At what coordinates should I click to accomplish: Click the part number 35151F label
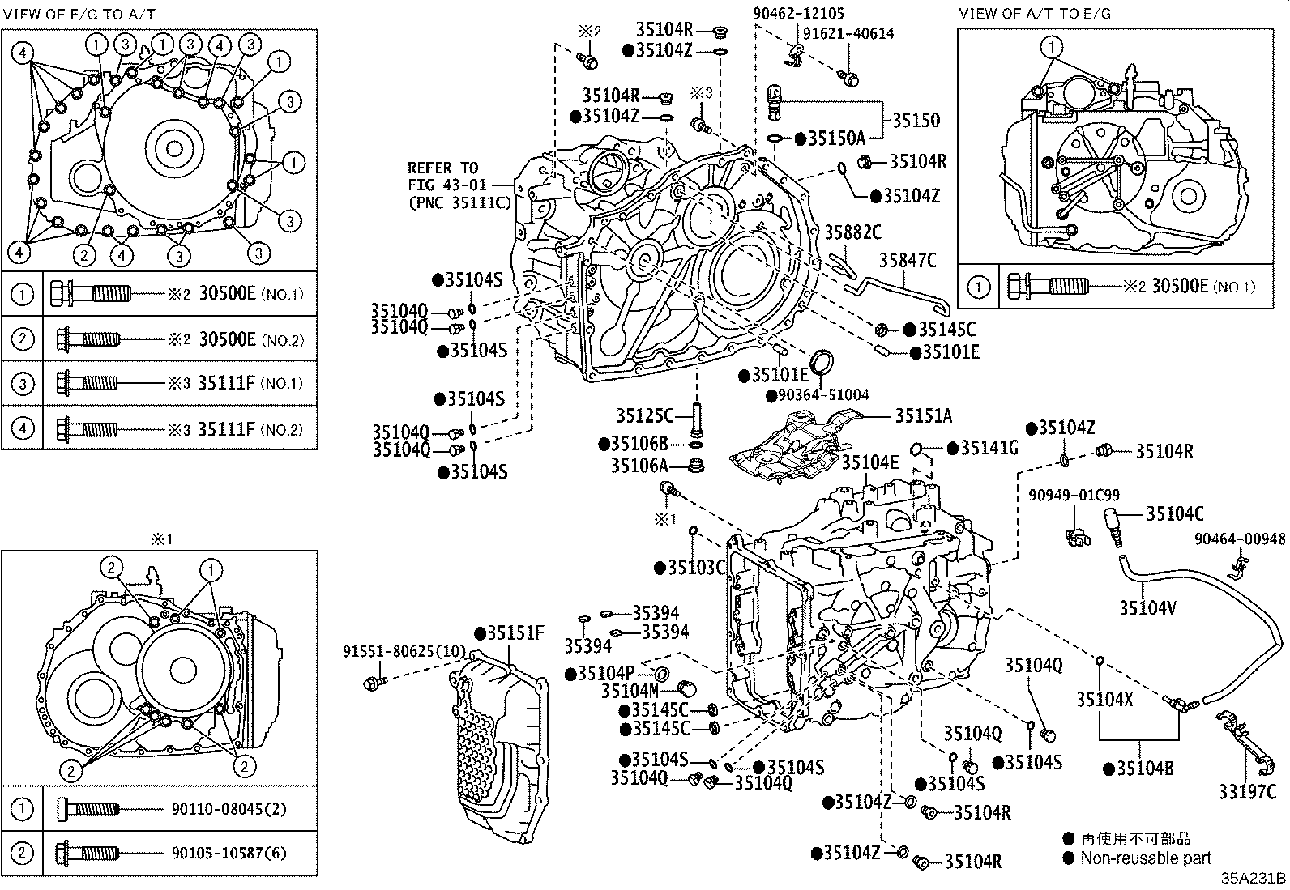[515, 632]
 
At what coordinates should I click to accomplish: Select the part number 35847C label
[908, 260]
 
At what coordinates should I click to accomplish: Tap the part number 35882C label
[852, 232]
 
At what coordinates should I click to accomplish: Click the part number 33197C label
[1247, 792]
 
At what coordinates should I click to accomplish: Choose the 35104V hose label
[1148, 607]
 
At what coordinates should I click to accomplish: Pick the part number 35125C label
[644, 415]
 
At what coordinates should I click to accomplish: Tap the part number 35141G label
[989, 448]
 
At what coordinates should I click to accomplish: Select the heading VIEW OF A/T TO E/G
[1034, 14]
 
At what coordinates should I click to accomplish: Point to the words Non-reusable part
[1146, 858]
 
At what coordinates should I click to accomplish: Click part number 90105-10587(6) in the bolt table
[229, 853]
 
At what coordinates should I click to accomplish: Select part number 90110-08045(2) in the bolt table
[229, 808]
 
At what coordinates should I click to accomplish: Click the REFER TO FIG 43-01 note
[459, 185]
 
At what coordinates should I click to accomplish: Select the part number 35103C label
[697, 568]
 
